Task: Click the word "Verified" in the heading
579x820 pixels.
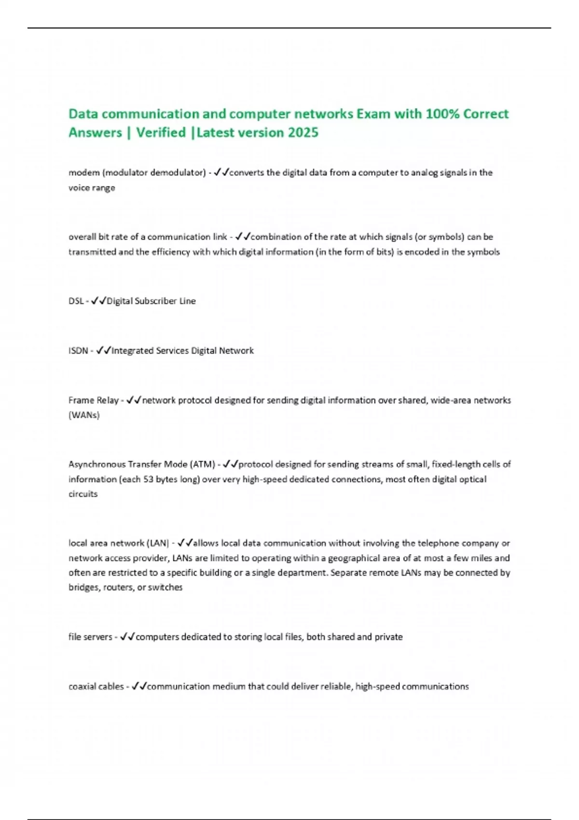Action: pos(161,132)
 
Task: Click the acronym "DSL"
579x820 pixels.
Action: pos(76,301)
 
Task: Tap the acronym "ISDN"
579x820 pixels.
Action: pos(78,351)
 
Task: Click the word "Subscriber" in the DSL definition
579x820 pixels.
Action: pos(155,301)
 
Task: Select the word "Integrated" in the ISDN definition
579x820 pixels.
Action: pos(133,351)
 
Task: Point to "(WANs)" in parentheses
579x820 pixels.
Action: pos(84,415)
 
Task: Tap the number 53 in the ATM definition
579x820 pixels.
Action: pos(148,479)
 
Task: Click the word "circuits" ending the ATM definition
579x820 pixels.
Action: pos(83,494)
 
